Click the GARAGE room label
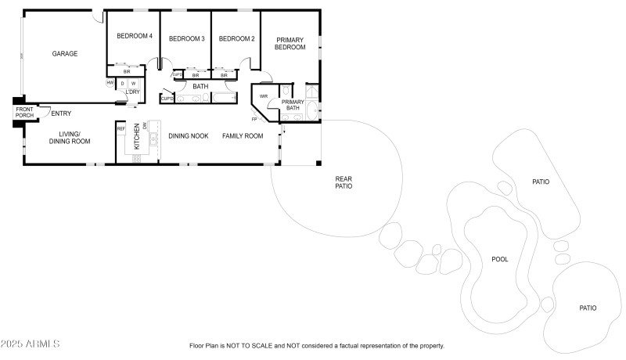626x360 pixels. point(65,54)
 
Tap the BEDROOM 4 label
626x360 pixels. point(135,36)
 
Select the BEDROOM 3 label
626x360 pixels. point(186,38)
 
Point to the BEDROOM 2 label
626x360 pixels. point(237,38)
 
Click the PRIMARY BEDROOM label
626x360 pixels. point(290,43)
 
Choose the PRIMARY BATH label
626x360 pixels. point(293,105)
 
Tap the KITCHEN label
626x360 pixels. point(137,136)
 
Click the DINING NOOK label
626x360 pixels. point(189,136)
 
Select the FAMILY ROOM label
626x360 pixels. point(243,136)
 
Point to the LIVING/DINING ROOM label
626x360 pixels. point(70,138)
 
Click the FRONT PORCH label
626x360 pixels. point(24,113)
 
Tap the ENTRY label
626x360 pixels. point(61,114)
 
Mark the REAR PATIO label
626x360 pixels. point(344,182)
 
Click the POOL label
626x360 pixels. point(500,259)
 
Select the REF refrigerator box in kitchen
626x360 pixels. point(121,128)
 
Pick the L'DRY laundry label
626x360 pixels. point(132,92)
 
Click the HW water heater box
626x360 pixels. point(110,83)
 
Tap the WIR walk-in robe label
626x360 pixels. point(264,96)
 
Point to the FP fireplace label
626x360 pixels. point(254,119)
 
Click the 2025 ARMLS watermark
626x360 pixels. point(31,344)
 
